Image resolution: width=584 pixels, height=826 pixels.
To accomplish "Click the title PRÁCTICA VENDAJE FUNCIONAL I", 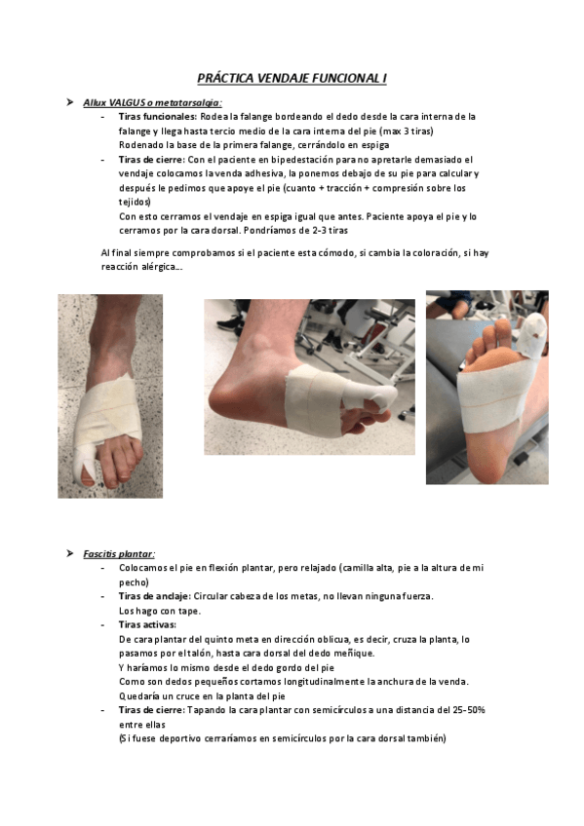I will [292, 78].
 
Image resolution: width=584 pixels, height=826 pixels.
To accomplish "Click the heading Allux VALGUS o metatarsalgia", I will [152, 101].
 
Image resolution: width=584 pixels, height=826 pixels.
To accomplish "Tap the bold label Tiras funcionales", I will [156, 116].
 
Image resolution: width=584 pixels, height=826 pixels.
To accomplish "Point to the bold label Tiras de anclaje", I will [154, 595].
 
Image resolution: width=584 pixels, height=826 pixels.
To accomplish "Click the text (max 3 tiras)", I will [413, 131].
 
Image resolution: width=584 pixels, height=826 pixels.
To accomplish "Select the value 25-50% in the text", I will [464, 710].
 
